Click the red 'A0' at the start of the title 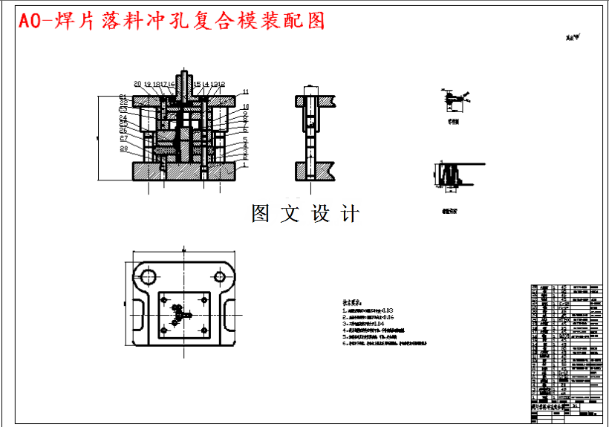tap(33, 21)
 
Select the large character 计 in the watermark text tap(350, 214)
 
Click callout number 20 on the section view tap(137, 84)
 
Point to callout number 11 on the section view tap(246, 92)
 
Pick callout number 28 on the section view tap(124, 149)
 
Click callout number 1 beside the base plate tap(244, 165)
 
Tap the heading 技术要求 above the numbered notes tap(351, 303)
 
